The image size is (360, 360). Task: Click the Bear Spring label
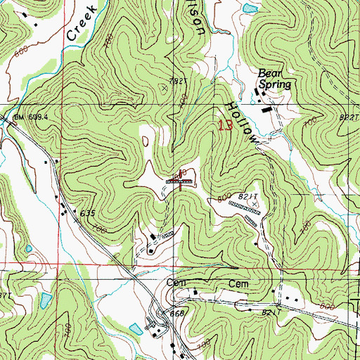[x=274, y=78]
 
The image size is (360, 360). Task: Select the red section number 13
[x=225, y=127]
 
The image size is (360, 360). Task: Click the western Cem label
[x=174, y=283]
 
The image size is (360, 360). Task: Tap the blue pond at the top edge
[x=249, y=8]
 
